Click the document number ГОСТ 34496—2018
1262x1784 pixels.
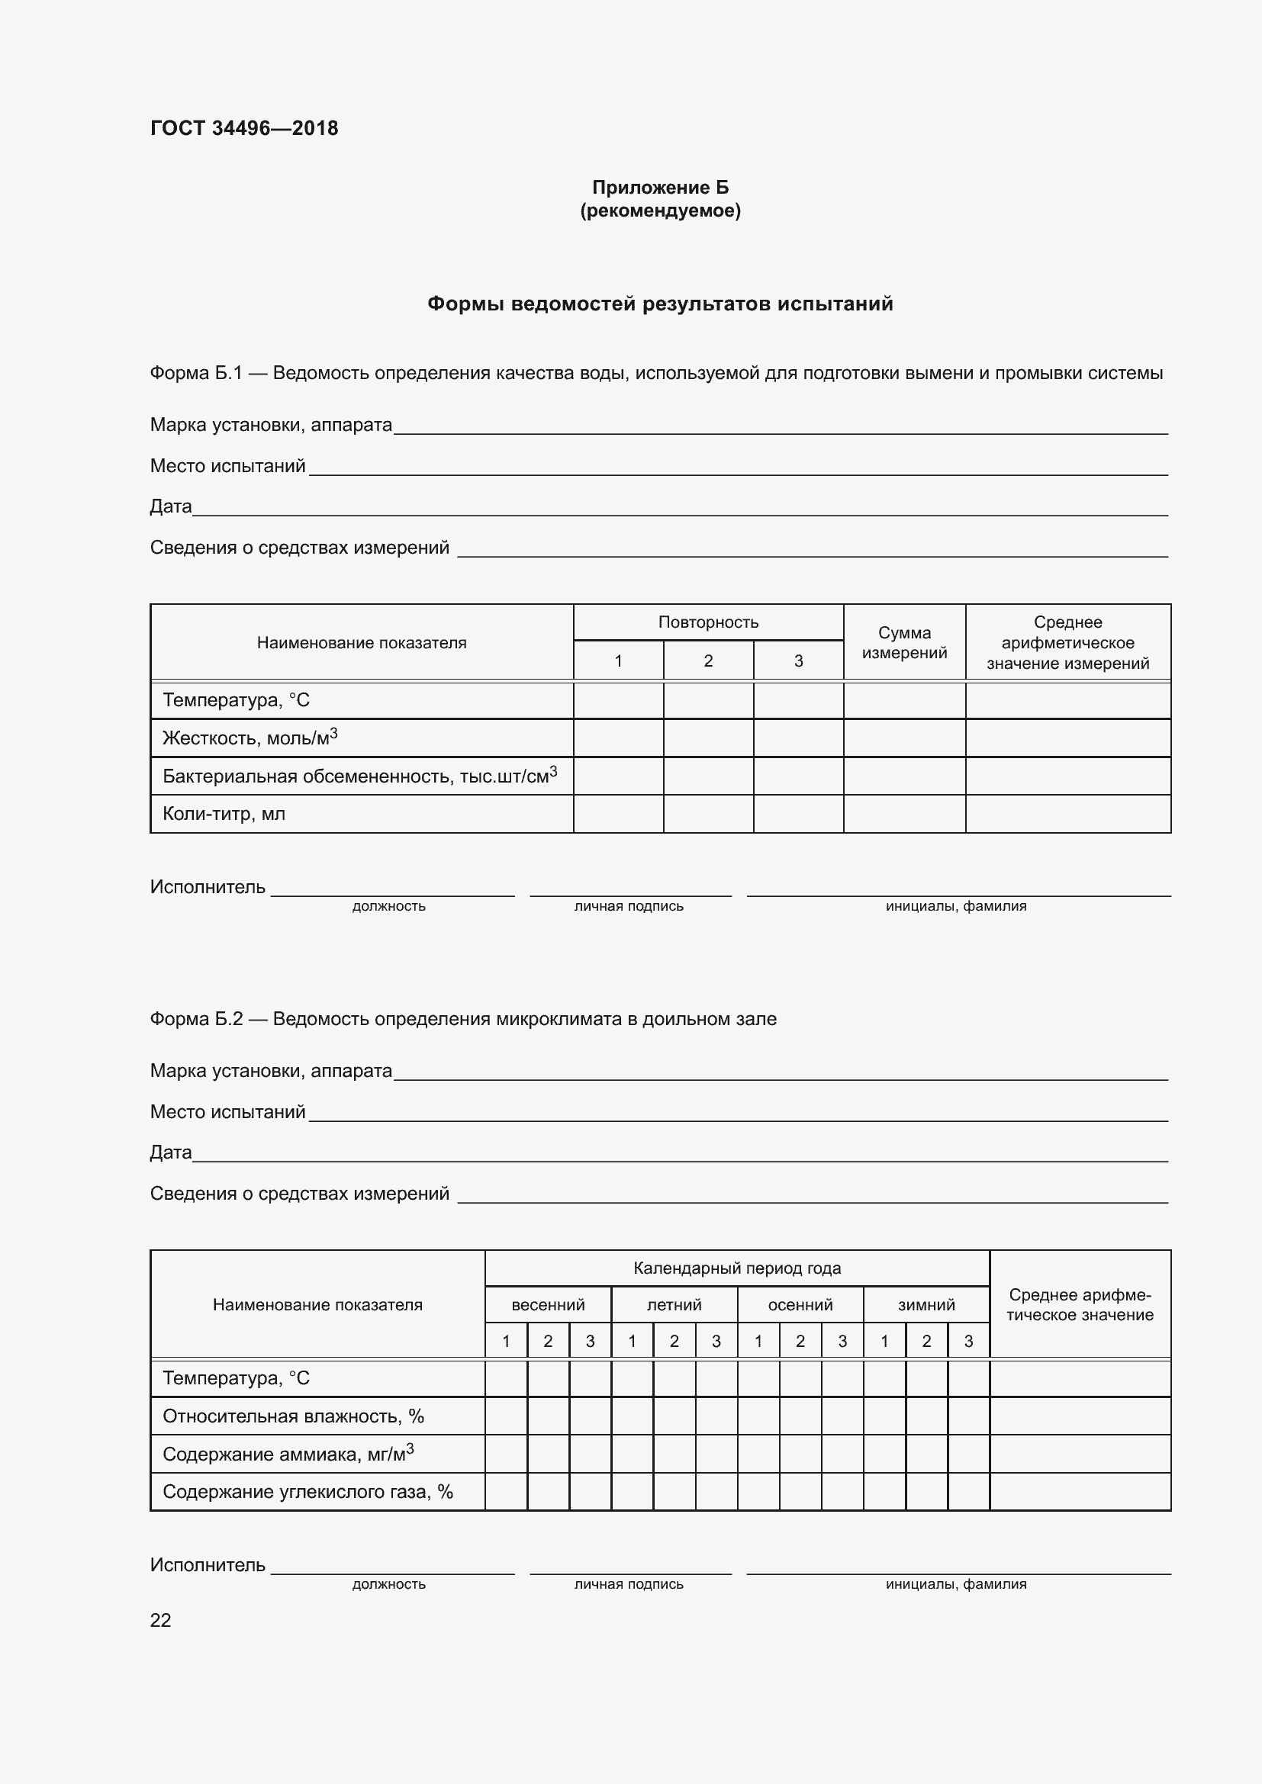pyautogui.click(x=244, y=128)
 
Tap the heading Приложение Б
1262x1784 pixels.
pyautogui.click(x=660, y=188)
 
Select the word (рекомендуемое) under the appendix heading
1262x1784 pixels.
pyautogui.click(x=660, y=211)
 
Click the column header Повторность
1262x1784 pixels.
pyautogui.click(x=708, y=622)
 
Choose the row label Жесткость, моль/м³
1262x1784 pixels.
pyautogui.click(x=250, y=738)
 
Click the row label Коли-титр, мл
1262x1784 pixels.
pyautogui.click(x=224, y=814)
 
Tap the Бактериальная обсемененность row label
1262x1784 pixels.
pyautogui.click(x=359, y=776)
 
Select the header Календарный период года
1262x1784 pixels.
pyautogui.click(x=737, y=1268)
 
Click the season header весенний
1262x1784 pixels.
pyautogui.click(x=548, y=1304)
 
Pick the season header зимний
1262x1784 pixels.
pyautogui.click(x=926, y=1304)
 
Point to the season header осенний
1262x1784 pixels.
pyautogui.click(x=800, y=1304)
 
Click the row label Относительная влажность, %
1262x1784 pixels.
pyautogui.click(x=293, y=1416)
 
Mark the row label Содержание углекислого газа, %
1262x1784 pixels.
pyautogui.click(x=307, y=1491)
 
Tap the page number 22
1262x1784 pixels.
pyautogui.click(x=160, y=1620)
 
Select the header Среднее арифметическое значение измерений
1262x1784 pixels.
pyautogui.click(x=1067, y=642)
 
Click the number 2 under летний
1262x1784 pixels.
pyautogui.click(x=674, y=1340)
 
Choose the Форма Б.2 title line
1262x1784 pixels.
pyautogui.click(x=462, y=1019)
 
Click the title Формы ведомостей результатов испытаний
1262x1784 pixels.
pyautogui.click(x=660, y=304)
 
